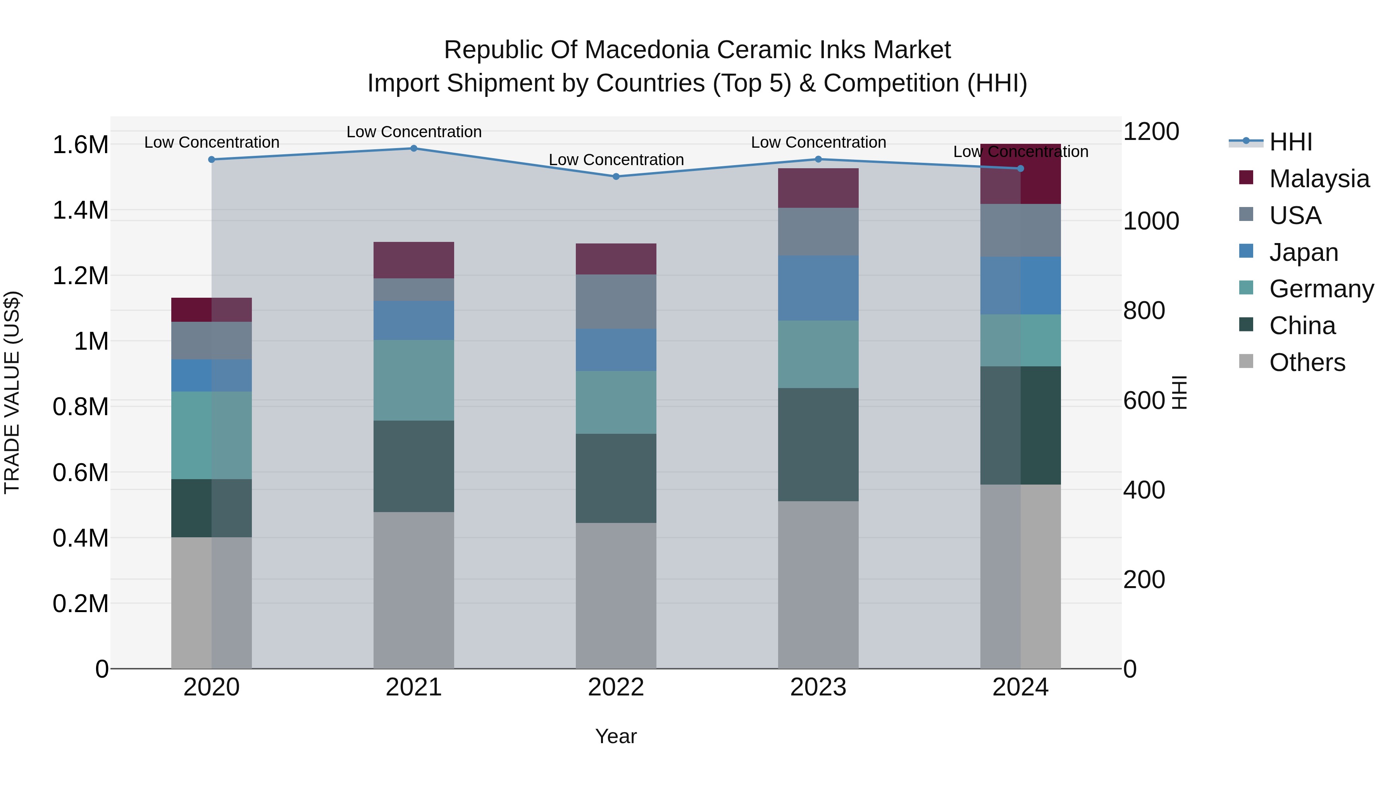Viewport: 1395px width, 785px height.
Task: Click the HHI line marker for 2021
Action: [x=414, y=148]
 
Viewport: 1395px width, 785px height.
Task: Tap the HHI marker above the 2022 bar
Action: [x=616, y=177]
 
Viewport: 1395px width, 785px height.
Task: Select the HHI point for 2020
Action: [x=212, y=160]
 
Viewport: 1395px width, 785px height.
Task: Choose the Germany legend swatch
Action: [x=1246, y=288]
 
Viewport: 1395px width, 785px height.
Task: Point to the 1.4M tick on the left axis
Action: [x=80, y=210]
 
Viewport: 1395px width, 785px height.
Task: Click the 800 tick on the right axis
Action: [x=1144, y=311]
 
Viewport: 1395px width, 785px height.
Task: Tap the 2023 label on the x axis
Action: [x=818, y=687]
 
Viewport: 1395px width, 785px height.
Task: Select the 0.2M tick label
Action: [x=80, y=604]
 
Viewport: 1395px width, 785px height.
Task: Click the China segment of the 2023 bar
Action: [x=818, y=444]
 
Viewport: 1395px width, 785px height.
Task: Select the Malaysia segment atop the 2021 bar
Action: [x=414, y=260]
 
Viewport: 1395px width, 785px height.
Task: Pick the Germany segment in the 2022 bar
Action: [x=616, y=402]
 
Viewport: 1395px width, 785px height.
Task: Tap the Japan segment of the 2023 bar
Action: [x=818, y=288]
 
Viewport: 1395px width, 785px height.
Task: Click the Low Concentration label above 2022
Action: [x=616, y=160]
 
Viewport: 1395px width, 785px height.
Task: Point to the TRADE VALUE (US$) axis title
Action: [x=12, y=392]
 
